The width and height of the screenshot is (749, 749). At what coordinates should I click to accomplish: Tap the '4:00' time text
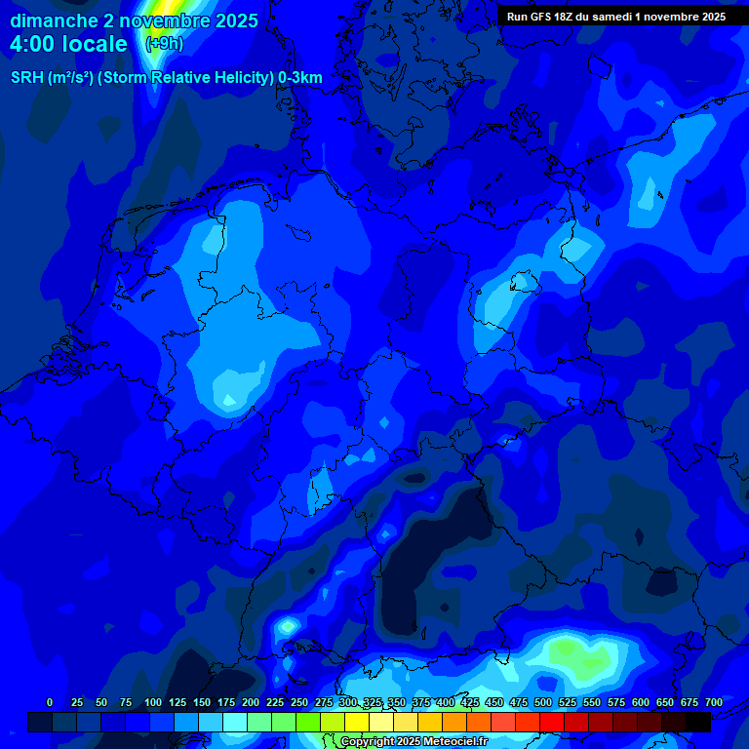click(x=33, y=44)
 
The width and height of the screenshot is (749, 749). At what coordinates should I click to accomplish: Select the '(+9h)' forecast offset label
click(x=164, y=44)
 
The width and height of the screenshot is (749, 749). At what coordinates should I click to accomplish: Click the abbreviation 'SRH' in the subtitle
click(x=27, y=78)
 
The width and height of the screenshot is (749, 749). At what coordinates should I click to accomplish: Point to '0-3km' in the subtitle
click(x=300, y=78)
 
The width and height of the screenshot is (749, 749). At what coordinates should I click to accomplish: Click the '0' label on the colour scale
click(x=50, y=702)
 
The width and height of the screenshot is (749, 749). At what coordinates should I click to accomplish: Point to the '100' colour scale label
click(x=153, y=702)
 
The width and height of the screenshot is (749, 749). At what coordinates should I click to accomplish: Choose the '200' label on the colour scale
click(x=251, y=702)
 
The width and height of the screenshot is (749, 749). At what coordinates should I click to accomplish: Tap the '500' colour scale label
click(x=543, y=702)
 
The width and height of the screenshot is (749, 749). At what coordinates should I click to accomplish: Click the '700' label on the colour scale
click(x=714, y=702)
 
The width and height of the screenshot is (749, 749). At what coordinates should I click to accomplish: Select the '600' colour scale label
click(x=641, y=702)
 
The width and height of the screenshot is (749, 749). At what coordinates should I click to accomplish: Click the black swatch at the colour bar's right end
click(x=698, y=722)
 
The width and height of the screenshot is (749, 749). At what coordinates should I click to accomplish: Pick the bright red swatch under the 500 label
click(x=552, y=722)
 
